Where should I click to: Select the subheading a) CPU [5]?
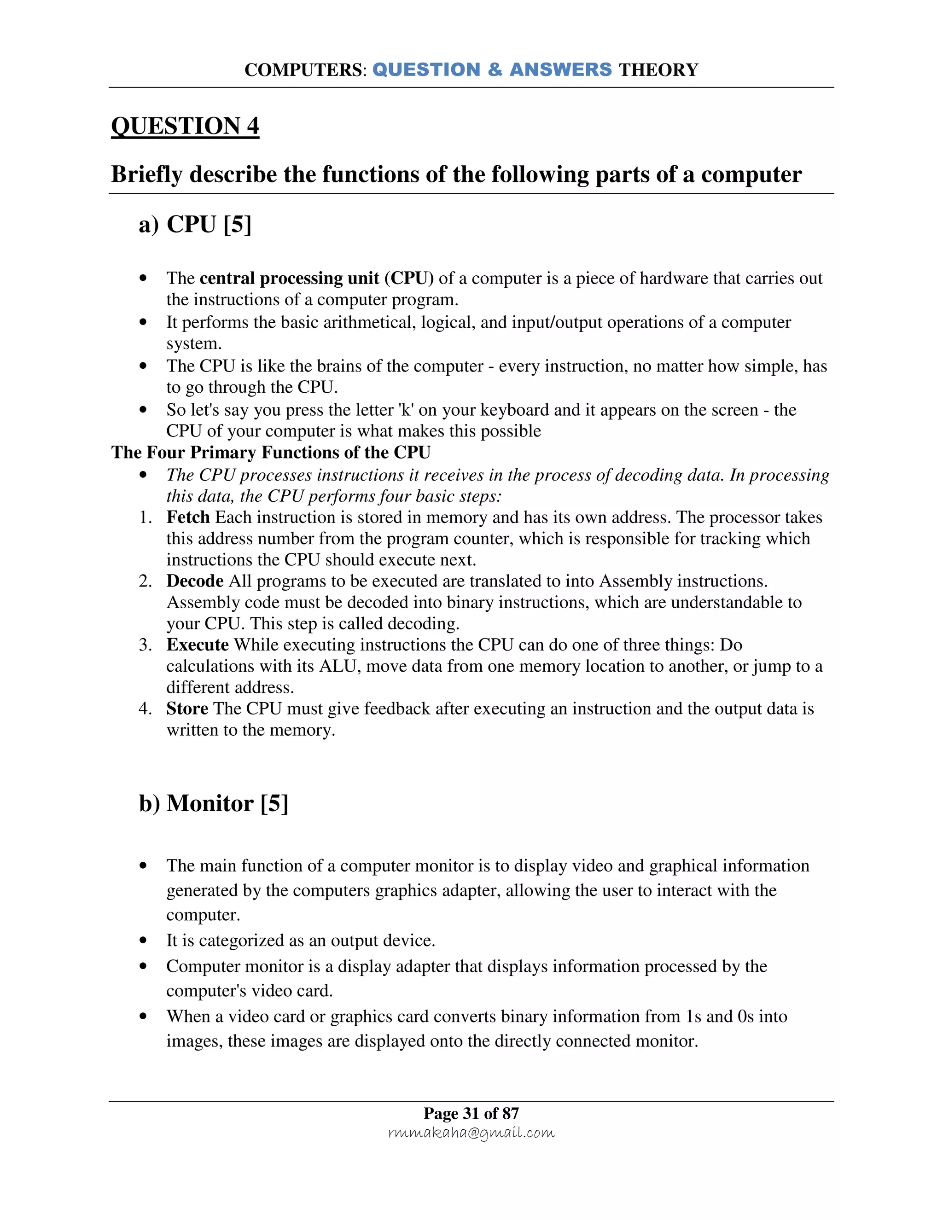[195, 225]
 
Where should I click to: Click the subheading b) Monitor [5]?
[213, 803]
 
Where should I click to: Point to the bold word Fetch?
[188, 517]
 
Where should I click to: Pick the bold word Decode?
[195, 581]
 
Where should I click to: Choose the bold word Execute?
[197, 645]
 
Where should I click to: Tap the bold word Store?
[187, 709]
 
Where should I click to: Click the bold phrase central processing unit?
[289, 278]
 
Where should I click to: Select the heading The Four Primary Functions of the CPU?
[271, 452]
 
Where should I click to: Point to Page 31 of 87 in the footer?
[471, 1113]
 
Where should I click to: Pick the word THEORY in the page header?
[658, 70]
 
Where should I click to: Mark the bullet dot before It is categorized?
[144, 941]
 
